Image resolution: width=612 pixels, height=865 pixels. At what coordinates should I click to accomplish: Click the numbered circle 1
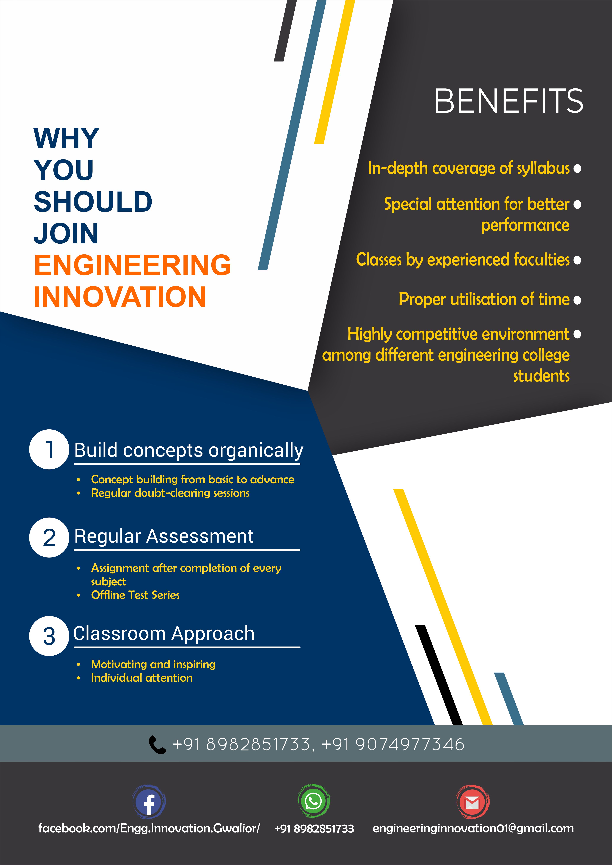pyautogui.click(x=49, y=450)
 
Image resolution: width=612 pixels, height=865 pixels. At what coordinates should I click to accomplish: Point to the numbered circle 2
pyautogui.click(x=49, y=538)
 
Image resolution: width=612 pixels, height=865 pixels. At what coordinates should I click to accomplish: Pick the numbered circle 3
pyautogui.click(x=49, y=636)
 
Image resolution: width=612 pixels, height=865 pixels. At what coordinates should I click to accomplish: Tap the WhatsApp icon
pyautogui.click(x=314, y=801)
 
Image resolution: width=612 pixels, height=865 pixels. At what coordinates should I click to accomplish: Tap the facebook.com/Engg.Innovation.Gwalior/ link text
pyautogui.click(x=149, y=828)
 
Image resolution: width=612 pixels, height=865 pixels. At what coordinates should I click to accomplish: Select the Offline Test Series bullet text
pyautogui.click(x=135, y=595)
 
